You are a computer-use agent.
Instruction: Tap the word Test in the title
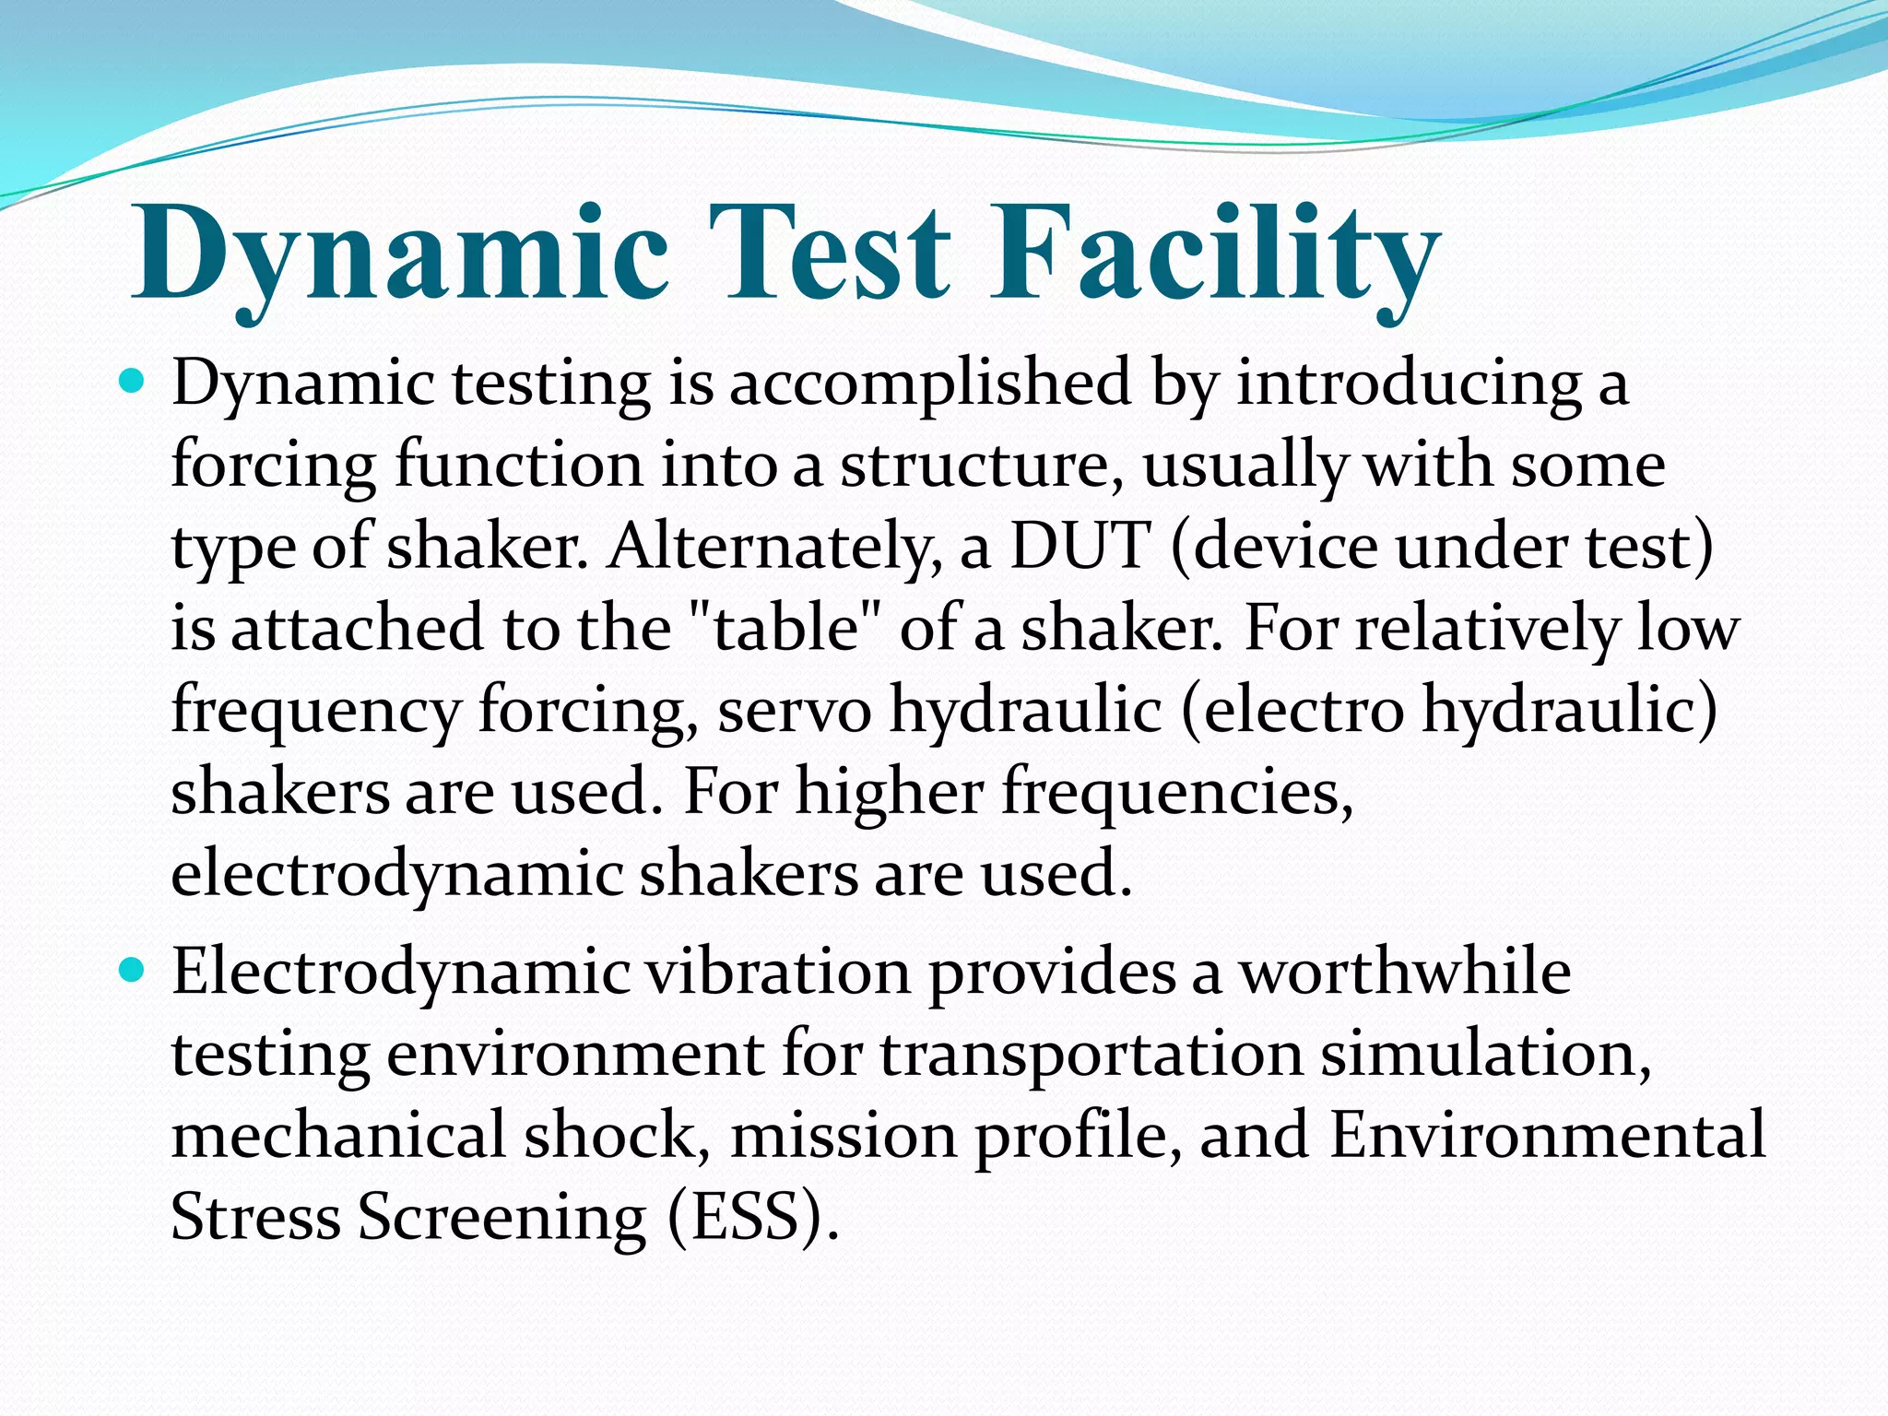(x=829, y=254)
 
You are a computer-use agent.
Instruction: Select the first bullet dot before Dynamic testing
(x=133, y=379)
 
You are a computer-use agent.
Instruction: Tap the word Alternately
(x=774, y=546)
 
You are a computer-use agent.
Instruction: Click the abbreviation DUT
(x=1080, y=546)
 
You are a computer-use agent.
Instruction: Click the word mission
(x=844, y=1135)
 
